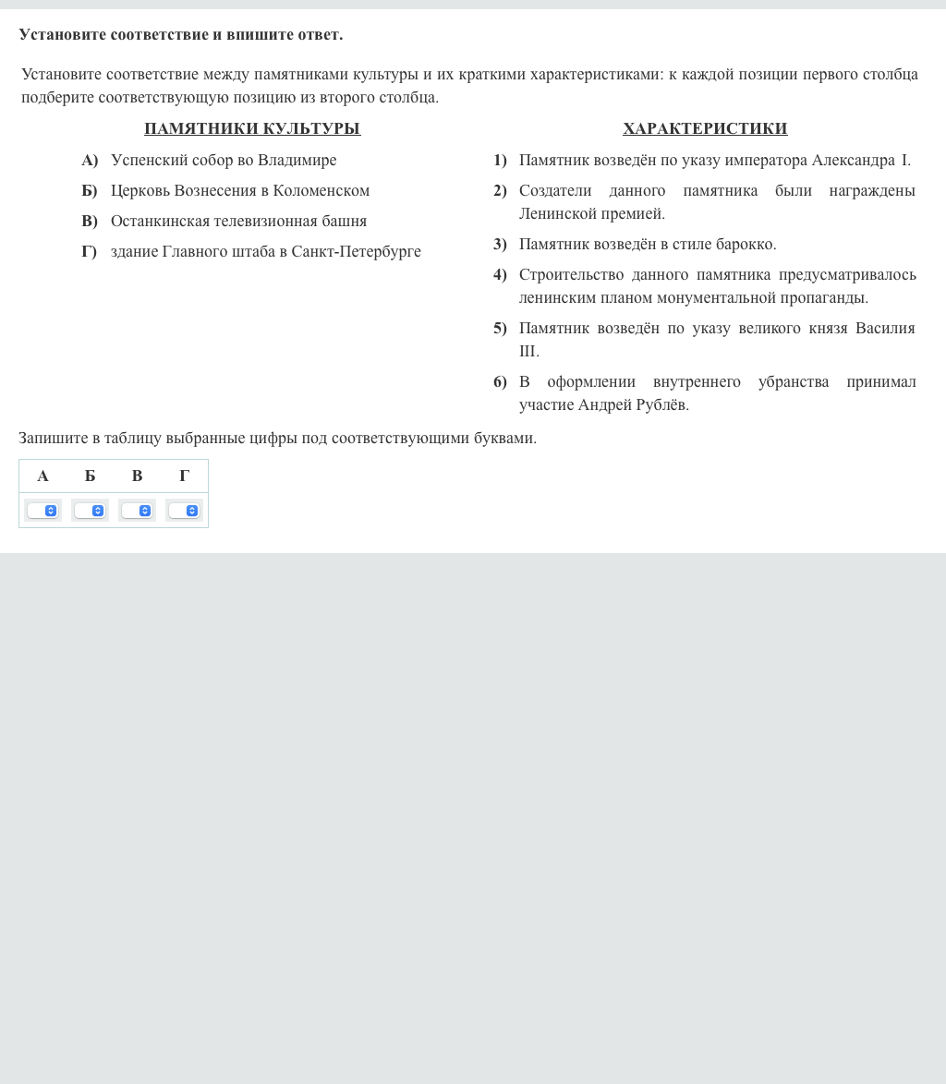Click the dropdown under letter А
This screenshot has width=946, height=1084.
click(42, 511)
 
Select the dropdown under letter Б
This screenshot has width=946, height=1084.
click(90, 511)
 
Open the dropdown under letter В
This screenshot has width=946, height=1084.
click(137, 511)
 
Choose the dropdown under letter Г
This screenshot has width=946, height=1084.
click(184, 511)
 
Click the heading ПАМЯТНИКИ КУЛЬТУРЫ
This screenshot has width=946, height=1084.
click(252, 128)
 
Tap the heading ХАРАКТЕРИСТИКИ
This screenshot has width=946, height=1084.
click(705, 128)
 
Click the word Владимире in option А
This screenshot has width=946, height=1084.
click(297, 160)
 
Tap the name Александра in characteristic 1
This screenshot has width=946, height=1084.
click(853, 160)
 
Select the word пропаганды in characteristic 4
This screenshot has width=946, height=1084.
click(821, 297)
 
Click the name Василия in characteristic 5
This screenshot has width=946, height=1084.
click(885, 328)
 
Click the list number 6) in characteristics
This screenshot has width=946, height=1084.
click(500, 381)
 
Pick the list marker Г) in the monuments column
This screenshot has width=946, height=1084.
click(89, 251)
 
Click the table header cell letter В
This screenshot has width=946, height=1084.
click(137, 476)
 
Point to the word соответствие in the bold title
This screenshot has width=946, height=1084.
click(159, 34)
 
